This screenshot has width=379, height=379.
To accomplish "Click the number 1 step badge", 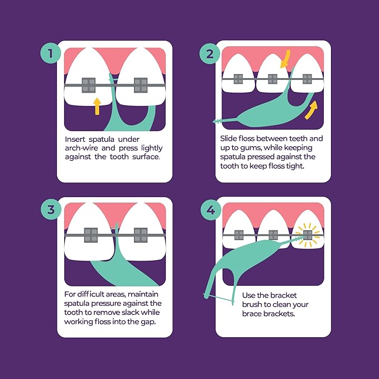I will [x=50, y=54].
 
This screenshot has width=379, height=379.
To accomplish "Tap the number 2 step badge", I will [x=210, y=54].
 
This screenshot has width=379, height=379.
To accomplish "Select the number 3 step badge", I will [x=50, y=210].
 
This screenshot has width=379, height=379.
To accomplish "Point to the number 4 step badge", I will [x=210, y=210].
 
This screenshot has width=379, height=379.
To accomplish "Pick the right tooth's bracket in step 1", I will [x=141, y=85].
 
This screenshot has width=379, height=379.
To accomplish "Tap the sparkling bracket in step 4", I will [x=306, y=235].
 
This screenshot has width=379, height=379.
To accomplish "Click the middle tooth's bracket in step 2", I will [x=273, y=79].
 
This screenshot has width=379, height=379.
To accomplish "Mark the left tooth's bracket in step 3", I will [x=90, y=235].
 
